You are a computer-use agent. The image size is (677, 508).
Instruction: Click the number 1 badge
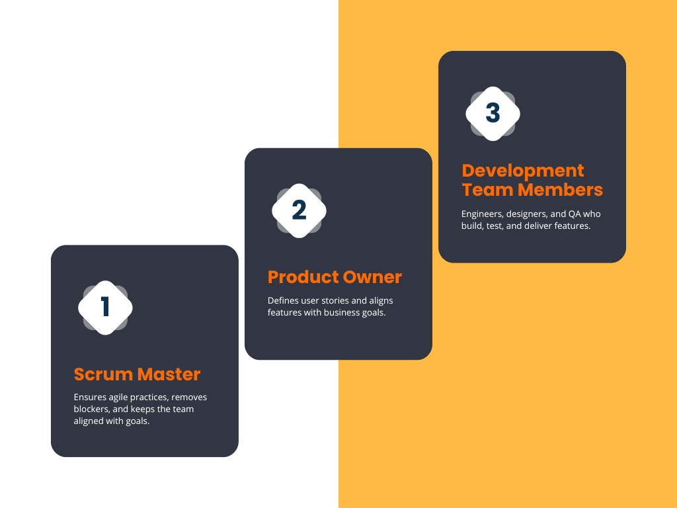(105, 308)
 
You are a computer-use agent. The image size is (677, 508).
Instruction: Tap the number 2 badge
(299, 210)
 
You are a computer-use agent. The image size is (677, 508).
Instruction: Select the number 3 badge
(493, 113)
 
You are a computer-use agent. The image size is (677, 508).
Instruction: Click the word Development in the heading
(523, 171)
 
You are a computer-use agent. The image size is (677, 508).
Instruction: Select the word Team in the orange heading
(487, 190)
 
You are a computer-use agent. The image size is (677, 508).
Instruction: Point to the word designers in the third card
(526, 214)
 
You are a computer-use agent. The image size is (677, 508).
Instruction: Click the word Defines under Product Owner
(283, 300)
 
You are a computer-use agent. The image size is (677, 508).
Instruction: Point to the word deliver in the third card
(547, 226)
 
